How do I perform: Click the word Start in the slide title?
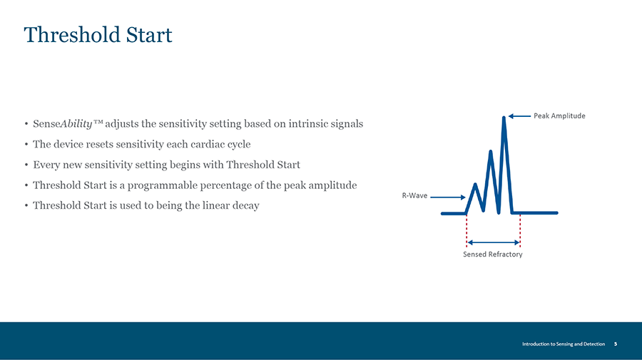pos(149,34)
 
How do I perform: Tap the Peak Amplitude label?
pos(559,115)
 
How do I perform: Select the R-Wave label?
pos(414,195)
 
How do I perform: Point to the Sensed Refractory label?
pos(492,254)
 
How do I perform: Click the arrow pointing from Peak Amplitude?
pos(519,116)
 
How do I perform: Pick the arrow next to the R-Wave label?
pos(447,197)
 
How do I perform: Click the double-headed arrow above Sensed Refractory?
pos(494,242)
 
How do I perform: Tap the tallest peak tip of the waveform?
pos(504,118)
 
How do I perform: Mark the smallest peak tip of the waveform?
pos(475,185)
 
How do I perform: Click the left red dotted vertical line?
pos(467,230)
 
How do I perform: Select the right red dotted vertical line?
pos(520,230)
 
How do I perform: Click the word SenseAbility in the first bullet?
pos(63,124)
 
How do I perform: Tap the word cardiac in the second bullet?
pos(206,145)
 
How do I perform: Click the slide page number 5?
pos(616,344)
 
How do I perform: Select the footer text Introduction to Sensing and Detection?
pos(564,344)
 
